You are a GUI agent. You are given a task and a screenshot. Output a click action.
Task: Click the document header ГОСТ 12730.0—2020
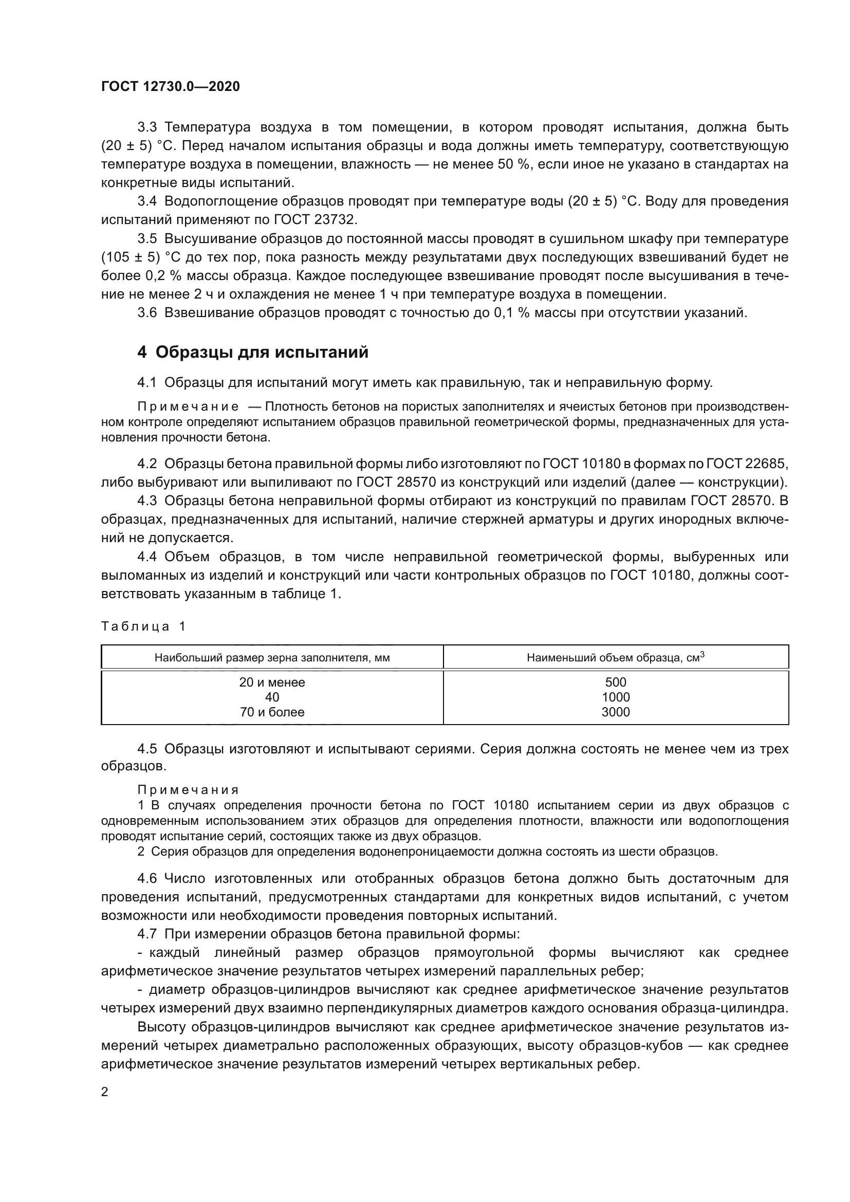pyautogui.click(x=171, y=86)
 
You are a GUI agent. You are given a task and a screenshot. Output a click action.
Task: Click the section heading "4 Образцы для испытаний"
pyautogui.click(x=253, y=353)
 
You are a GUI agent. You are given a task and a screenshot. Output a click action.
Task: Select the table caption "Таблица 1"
pyautogui.click(x=143, y=626)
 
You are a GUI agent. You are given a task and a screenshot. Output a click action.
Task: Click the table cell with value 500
pyautogui.click(x=616, y=682)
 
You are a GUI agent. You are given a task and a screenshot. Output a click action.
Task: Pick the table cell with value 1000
pyautogui.click(x=616, y=697)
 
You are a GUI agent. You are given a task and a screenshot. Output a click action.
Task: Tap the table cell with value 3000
pyautogui.click(x=616, y=712)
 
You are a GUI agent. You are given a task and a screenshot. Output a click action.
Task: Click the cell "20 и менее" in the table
pyautogui.click(x=272, y=682)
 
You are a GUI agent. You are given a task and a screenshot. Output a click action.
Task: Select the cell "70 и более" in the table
pyautogui.click(x=272, y=712)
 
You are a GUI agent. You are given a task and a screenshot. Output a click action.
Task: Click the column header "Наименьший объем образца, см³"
pyautogui.click(x=616, y=658)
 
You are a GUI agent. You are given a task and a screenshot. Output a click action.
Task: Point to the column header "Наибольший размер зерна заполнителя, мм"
pyautogui.click(x=272, y=658)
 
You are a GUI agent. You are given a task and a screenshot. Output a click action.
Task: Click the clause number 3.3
pyautogui.click(x=147, y=127)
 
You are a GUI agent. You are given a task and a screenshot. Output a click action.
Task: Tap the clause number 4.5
pyautogui.click(x=147, y=749)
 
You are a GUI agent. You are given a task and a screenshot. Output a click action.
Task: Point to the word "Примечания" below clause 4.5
pyautogui.click(x=189, y=790)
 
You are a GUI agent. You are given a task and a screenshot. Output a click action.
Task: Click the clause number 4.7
pyautogui.click(x=147, y=934)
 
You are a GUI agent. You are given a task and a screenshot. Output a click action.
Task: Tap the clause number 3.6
pyautogui.click(x=147, y=313)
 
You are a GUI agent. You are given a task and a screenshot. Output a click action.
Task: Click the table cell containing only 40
pyautogui.click(x=272, y=697)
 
